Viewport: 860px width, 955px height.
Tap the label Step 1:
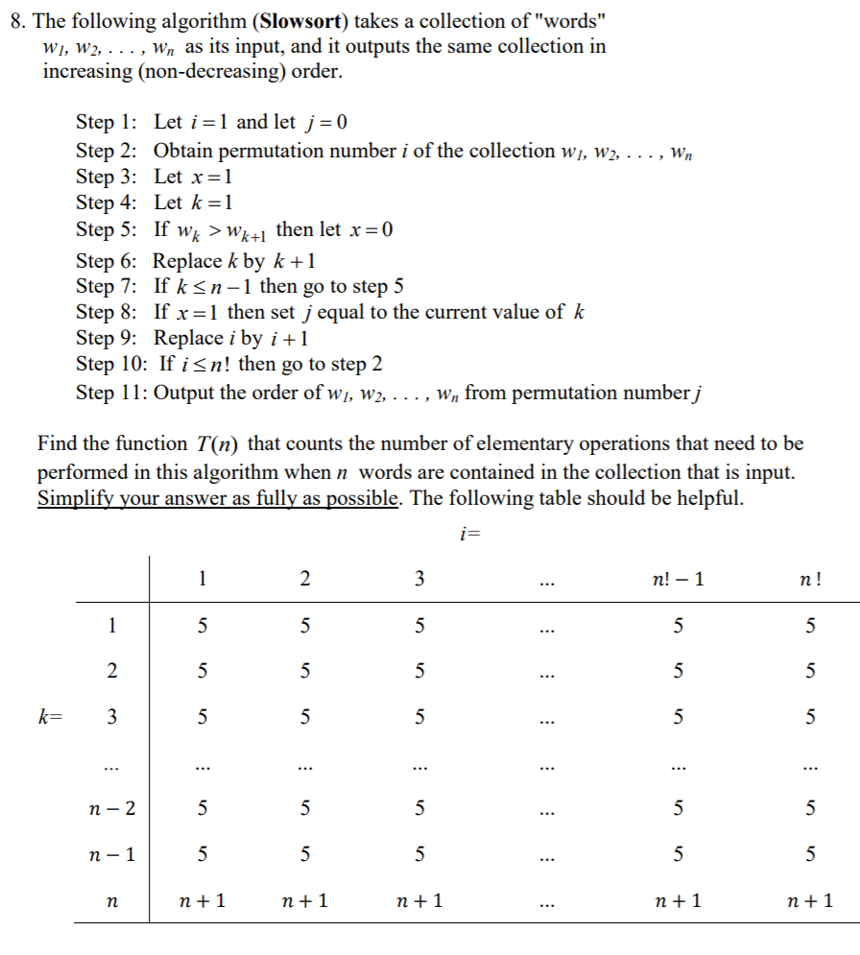click(107, 122)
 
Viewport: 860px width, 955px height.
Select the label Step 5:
click(107, 230)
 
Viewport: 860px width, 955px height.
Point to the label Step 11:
click(112, 393)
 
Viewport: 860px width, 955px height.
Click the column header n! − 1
click(678, 579)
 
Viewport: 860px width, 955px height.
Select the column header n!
click(810, 579)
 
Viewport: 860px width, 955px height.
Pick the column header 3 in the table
click(419, 579)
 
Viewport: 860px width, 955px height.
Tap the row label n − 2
click(112, 809)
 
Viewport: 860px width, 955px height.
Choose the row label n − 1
click(112, 854)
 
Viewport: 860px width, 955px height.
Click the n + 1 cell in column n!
click(810, 900)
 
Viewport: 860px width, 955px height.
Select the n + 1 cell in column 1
click(203, 900)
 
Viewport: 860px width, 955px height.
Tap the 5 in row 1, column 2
click(304, 627)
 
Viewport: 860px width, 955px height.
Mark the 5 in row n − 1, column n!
click(810, 854)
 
